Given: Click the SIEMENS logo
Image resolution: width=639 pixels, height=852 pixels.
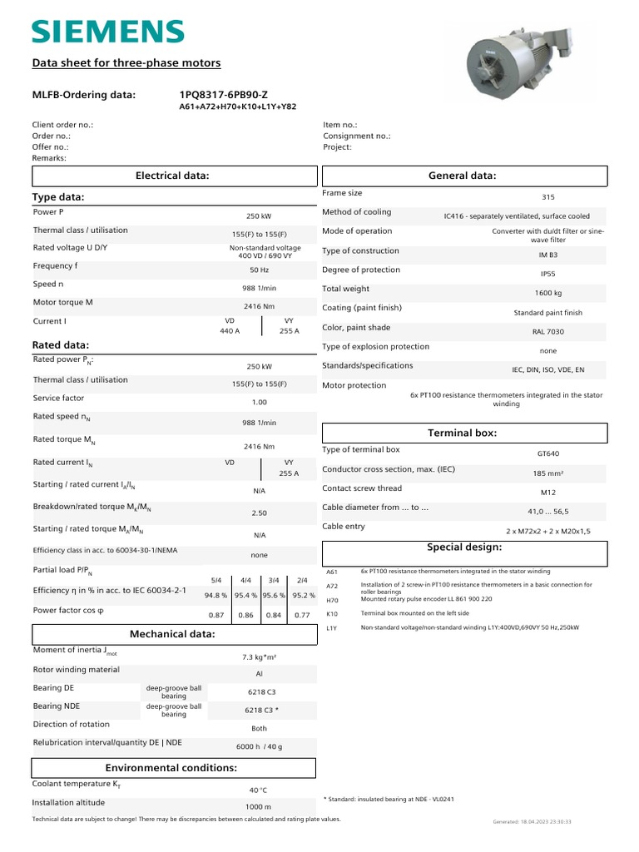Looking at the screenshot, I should point(107,32).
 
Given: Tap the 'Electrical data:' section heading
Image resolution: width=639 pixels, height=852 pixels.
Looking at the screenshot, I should point(172,176).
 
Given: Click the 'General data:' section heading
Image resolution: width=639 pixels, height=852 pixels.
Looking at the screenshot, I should point(462,176).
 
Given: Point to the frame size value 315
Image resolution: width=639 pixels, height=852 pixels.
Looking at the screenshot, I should point(547,197).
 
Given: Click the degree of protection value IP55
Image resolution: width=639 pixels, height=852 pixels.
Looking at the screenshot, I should point(547,274).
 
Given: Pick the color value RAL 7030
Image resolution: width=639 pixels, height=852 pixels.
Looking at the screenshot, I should point(547,331).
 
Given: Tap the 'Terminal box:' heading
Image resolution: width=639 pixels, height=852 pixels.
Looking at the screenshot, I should point(462,433).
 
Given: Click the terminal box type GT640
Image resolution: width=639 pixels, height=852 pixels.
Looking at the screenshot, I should point(547,454).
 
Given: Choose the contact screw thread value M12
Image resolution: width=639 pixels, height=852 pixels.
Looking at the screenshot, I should point(547,493).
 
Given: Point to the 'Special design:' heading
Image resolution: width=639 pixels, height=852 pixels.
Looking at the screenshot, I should point(464,547).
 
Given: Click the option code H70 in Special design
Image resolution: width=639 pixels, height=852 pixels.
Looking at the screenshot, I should point(332,599).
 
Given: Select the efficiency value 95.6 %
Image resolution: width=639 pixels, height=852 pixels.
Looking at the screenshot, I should point(274,596).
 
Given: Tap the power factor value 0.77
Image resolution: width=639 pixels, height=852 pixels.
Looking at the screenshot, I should point(302,615).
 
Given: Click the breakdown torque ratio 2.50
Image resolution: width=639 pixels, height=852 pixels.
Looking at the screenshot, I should point(259,513).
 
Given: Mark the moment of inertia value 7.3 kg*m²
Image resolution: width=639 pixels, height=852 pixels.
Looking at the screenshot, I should point(259,656).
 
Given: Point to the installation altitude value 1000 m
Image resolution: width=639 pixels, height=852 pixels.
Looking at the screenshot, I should point(259,807).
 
